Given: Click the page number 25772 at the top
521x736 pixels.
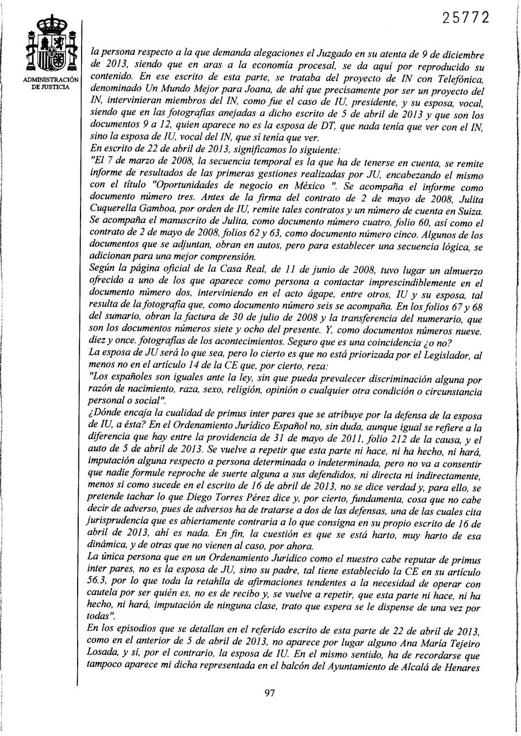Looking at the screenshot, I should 466,18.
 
